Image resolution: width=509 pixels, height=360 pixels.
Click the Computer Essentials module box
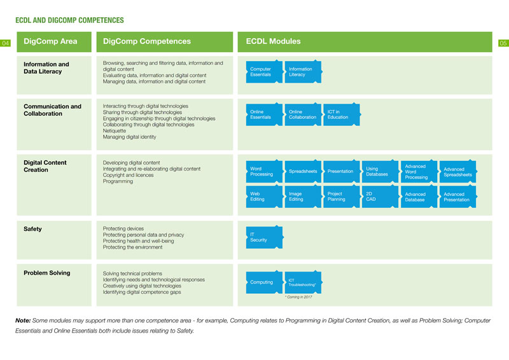coord(264,72)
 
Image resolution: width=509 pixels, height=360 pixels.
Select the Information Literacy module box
coord(303,72)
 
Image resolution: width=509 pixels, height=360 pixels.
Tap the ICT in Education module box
coord(342,114)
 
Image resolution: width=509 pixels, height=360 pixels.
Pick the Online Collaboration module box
coord(303,114)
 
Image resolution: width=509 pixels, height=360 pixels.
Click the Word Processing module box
coord(264,171)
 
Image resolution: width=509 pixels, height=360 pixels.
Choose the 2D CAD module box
coord(380,197)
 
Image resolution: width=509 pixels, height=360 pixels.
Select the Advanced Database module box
coord(419,197)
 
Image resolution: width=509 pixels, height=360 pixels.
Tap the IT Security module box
coord(264,237)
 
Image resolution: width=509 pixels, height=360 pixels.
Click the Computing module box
coord(264,282)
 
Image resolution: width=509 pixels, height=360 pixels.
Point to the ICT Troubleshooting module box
coord(303,282)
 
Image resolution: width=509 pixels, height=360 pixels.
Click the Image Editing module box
coord(303,197)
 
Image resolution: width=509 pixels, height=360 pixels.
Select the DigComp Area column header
coord(54,42)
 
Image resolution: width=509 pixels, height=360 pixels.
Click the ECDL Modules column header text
coord(273,41)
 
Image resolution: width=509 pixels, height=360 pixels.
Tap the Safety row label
coord(32,229)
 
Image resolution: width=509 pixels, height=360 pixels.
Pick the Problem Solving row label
coord(46,273)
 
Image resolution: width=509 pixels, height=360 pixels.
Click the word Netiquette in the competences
coord(115,131)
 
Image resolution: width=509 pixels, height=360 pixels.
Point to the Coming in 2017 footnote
coord(298,297)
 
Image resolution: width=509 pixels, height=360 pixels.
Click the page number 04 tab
coord(5,43)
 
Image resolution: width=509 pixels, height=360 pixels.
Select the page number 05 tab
coord(503,43)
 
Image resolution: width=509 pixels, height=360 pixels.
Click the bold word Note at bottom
coord(23,321)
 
